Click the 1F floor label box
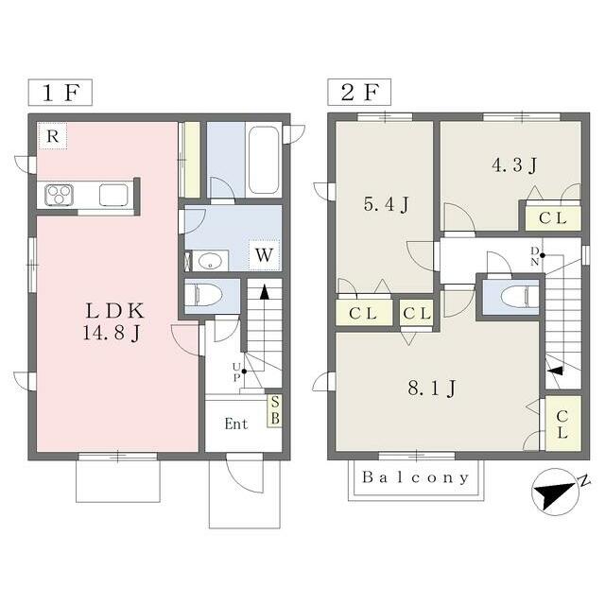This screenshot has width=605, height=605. [60, 93]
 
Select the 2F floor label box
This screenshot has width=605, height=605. [359, 93]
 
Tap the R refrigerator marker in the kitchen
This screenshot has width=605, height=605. [53, 136]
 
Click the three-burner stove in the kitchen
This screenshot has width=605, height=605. [59, 195]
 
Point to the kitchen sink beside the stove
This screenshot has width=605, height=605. [113, 195]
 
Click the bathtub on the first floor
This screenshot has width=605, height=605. [264, 160]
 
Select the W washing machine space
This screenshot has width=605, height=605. [265, 255]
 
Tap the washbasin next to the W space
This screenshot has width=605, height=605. [210, 261]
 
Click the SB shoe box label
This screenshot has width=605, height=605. [275, 410]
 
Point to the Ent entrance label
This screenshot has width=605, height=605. [236, 424]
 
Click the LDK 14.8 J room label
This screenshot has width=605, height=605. [113, 321]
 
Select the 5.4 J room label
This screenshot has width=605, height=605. [386, 204]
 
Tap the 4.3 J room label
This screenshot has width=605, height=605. [514, 165]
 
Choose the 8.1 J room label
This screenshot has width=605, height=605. [432, 388]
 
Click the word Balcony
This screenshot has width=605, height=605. [416, 477]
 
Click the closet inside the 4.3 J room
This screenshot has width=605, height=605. [553, 218]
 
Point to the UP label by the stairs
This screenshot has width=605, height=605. [236, 372]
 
